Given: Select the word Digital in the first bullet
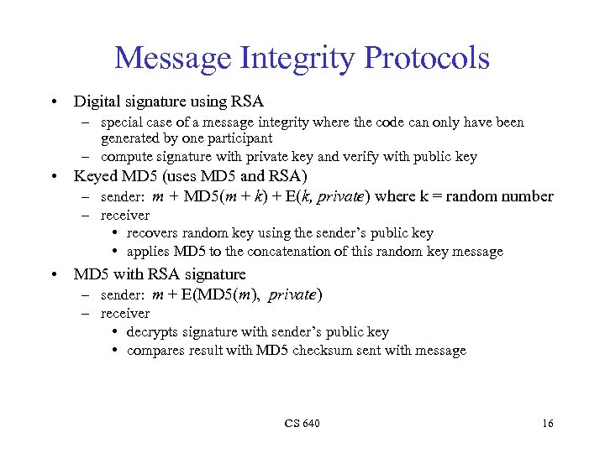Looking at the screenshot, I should (96, 102).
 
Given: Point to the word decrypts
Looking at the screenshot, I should (155, 332).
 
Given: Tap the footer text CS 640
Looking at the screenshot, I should (302, 424).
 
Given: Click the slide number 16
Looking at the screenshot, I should (547, 424).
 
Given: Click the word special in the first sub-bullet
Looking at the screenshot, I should (122, 122).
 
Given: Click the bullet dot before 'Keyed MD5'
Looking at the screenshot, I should (53, 177).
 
